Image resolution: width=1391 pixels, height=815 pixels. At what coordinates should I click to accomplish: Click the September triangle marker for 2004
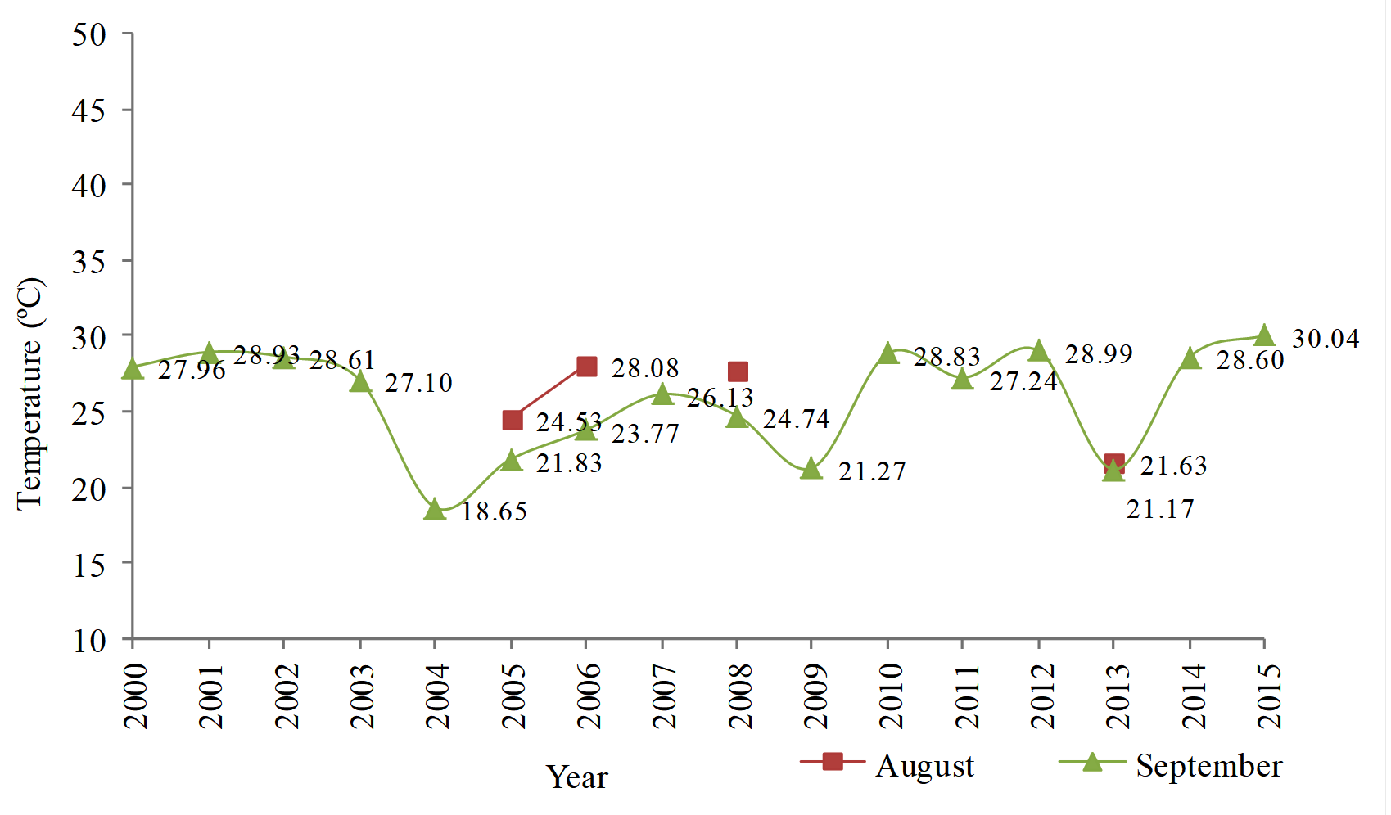tap(435, 510)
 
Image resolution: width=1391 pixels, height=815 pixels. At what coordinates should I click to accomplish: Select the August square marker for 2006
tap(586, 367)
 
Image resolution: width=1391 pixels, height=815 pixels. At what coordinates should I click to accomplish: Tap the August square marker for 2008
tap(738, 371)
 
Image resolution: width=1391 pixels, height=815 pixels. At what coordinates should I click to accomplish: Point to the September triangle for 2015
tap(1264, 335)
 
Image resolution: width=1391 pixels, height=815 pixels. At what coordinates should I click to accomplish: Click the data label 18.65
tap(494, 512)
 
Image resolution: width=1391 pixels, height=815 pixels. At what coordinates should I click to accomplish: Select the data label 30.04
tap(1325, 339)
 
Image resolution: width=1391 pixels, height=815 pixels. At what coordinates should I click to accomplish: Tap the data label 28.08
tap(645, 368)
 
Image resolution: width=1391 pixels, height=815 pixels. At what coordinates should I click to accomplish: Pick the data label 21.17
tap(1160, 510)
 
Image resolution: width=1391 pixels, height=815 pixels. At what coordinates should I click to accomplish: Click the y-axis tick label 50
tap(89, 35)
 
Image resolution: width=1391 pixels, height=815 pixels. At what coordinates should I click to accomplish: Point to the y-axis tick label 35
tap(89, 262)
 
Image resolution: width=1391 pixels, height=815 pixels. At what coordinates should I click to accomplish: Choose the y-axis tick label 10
tap(89, 641)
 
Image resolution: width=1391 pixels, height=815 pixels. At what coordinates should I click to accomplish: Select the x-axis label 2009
tap(815, 696)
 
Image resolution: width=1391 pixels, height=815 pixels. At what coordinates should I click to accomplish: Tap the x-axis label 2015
tap(1268, 696)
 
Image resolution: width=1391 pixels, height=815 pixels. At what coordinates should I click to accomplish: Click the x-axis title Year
tap(576, 777)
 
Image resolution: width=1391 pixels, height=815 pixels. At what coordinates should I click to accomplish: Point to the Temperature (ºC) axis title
tap(30, 394)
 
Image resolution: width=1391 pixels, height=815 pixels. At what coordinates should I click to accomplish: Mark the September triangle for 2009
tap(811, 469)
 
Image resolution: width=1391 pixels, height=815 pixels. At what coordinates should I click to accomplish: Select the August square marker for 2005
tap(513, 421)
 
